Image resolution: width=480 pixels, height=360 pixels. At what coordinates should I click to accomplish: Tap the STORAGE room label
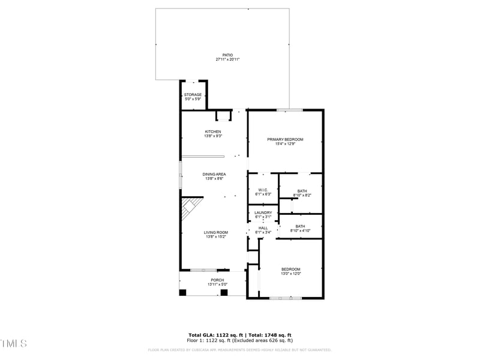tap(193, 95)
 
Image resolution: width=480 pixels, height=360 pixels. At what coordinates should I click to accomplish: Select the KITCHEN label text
tap(213, 132)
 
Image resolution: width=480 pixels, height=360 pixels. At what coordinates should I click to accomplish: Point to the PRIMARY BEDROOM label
tap(285, 139)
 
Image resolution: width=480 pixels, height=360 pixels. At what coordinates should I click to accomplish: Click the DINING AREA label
tap(214, 175)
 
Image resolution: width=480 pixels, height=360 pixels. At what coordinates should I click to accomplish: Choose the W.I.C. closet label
tap(263, 190)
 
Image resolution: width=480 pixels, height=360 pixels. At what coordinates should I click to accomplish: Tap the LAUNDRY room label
tap(263, 212)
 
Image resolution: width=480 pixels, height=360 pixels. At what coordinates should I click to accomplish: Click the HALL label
tap(263, 228)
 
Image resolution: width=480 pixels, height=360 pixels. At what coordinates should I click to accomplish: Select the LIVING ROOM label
tap(215, 233)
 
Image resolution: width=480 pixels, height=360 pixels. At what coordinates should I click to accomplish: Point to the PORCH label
tap(217, 280)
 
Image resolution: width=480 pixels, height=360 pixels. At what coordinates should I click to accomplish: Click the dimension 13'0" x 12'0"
tap(290, 274)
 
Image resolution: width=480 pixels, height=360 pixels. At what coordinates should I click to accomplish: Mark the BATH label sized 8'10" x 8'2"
tap(302, 191)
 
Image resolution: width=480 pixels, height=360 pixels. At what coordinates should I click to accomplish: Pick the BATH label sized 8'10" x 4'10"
tap(300, 226)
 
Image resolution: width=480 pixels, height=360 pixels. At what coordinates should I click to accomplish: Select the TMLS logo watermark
tap(13, 343)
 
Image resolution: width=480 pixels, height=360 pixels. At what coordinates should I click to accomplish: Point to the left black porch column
tap(183, 292)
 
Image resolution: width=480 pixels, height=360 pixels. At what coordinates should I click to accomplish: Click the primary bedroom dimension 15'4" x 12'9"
tap(285, 144)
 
